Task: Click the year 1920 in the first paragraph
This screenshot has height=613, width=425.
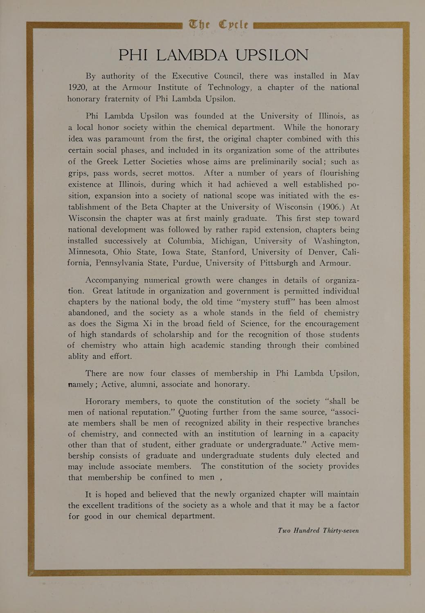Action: [x=77, y=87]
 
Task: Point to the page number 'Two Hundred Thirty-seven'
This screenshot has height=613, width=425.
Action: [x=318, y=530]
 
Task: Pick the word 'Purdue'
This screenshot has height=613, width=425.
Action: [x=186, y=263]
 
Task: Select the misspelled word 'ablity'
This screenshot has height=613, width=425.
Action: [x=78, y=356]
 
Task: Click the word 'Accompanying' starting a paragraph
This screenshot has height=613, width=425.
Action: [x=112, y=280]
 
